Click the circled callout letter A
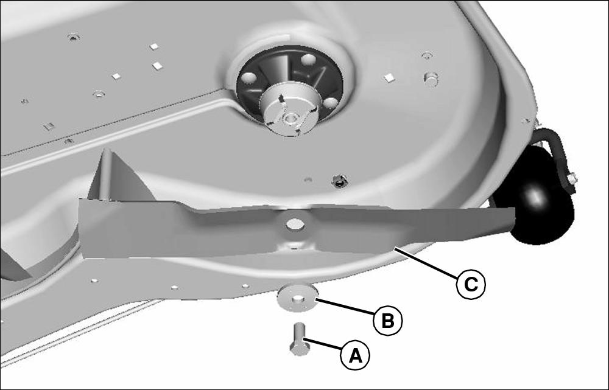[x=355, y=355]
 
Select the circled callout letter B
[x=387, y=321]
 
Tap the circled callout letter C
[x=471, y=285]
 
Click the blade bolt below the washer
[x=299, y=339]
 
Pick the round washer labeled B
[x=298, y=298]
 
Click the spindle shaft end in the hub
[x=288, y=117]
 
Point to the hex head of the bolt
[x=300, y=349]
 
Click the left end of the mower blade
[x=81, y=228]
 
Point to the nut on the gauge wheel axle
[x=572, y=179]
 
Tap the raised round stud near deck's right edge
[x=431, y=78]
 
